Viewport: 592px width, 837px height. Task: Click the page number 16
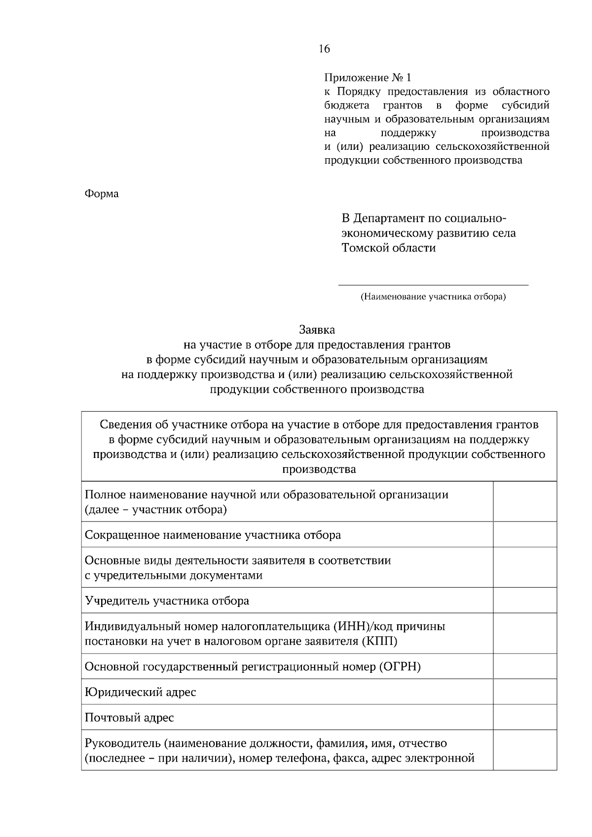coord(324,49)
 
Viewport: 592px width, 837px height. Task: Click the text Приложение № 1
coord(367,78)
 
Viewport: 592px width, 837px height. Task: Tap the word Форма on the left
coord(102,194)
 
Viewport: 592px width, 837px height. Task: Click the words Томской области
coord(389,248)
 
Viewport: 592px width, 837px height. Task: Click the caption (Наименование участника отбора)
coord(433,297)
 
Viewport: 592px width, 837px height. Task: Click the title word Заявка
coord(317,329)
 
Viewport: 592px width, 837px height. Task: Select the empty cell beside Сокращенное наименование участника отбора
coord(525,534)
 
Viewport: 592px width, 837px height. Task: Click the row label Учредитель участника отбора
coord(167,600)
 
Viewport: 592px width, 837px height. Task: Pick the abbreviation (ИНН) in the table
coord(351,627)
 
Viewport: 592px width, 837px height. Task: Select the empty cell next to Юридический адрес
coord(525,692)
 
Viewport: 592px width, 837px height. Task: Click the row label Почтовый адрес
coord(129,717)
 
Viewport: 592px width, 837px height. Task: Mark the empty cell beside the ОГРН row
coord(525,666)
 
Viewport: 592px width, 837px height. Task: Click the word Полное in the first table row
coord(102,494)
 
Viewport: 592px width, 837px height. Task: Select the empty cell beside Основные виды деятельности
coord(525,567)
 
